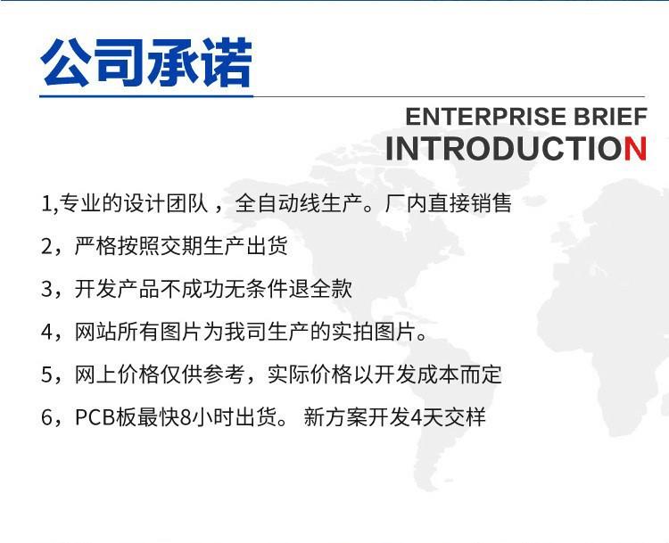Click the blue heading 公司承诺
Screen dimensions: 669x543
coord(146,62)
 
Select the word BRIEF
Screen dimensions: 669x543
coord(610,117)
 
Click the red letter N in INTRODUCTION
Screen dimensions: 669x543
coord(636,148)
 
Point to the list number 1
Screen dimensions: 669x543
coord(46,203)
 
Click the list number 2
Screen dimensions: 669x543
coord(46,247)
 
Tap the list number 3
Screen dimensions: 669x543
coord(46,289)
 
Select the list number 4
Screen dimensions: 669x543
coord(47,332)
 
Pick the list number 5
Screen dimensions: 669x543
coord(46,374)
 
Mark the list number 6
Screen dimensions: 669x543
coord(47,417)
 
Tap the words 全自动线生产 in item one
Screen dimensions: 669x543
coord(299,203)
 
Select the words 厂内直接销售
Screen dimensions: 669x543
coord(448,203)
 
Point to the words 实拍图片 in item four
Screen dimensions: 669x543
coord(374,332)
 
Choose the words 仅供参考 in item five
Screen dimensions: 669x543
coord(202,374)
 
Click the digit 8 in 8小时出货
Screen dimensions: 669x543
coord(186,417)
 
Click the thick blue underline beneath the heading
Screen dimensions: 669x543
coord(146,96)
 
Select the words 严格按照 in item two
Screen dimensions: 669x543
coord(118,246)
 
